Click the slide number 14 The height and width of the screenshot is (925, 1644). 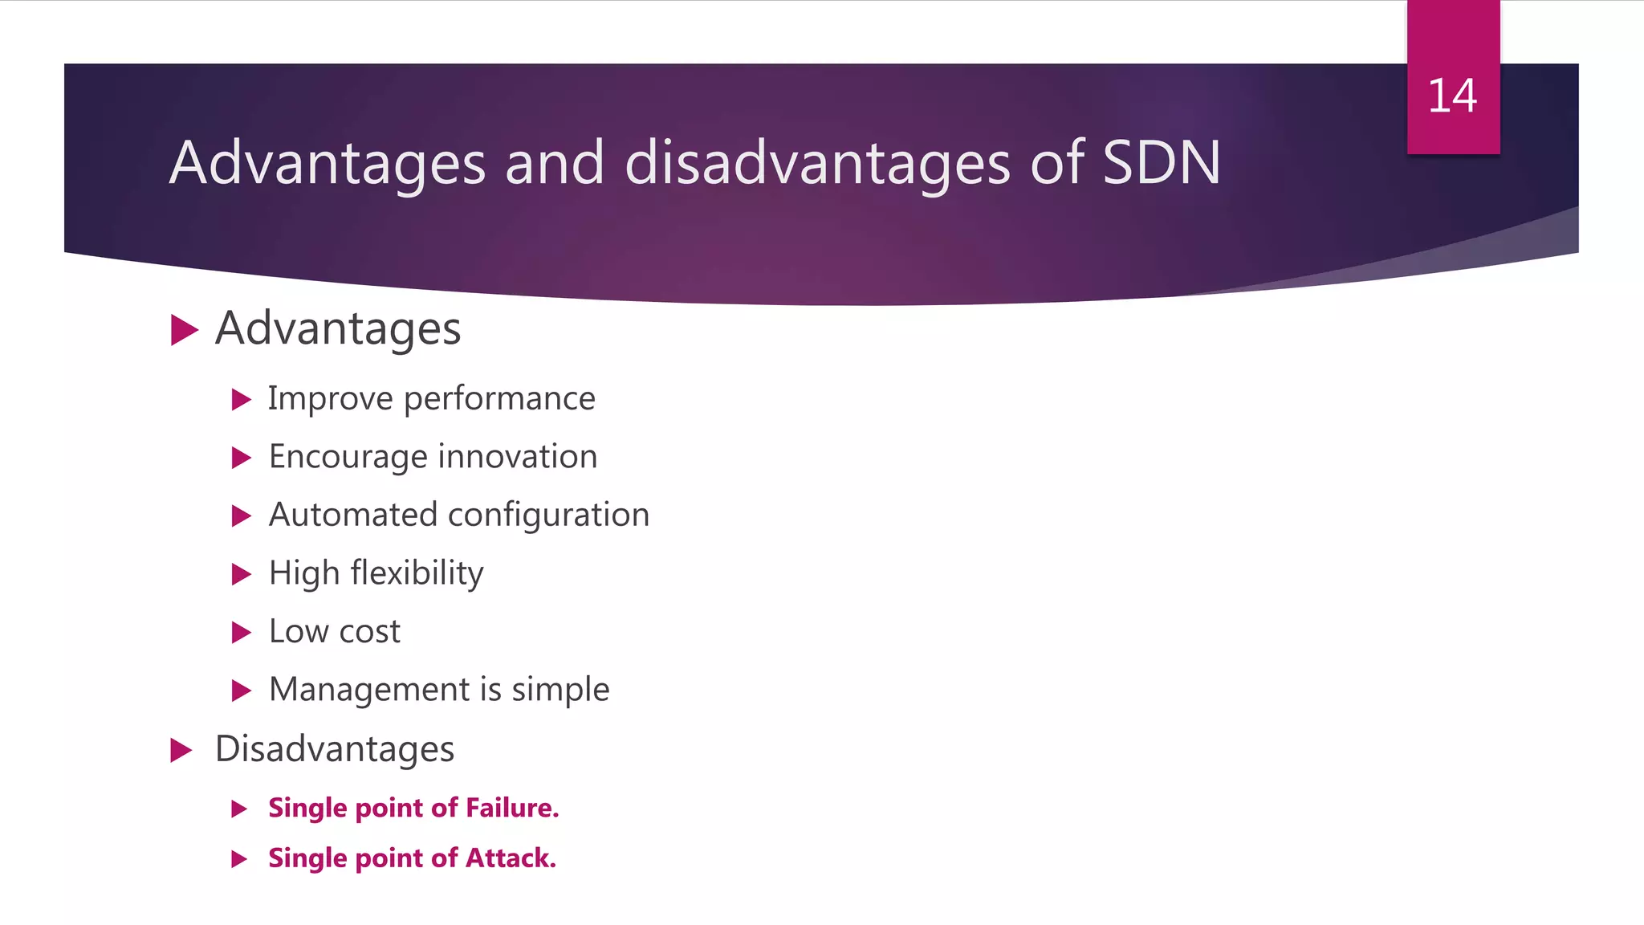tap(1452, 96)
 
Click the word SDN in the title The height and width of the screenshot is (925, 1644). tap(1162, 163)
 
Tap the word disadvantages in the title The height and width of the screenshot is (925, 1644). tap(816, 163)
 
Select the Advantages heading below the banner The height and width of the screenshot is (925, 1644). tap(338, 329)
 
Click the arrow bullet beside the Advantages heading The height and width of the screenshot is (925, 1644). tap(185, 330)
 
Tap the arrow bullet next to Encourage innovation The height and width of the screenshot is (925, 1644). tap(242, 458)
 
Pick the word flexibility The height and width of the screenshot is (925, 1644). tap(417, 573)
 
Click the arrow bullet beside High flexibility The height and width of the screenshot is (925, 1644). tap(242, 574)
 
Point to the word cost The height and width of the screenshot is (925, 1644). tap(369, 632)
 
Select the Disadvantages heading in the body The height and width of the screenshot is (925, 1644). tap(334, 749)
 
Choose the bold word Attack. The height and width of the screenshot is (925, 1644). tap(511, 858)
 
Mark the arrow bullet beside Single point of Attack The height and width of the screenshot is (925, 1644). tap(239, 859)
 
